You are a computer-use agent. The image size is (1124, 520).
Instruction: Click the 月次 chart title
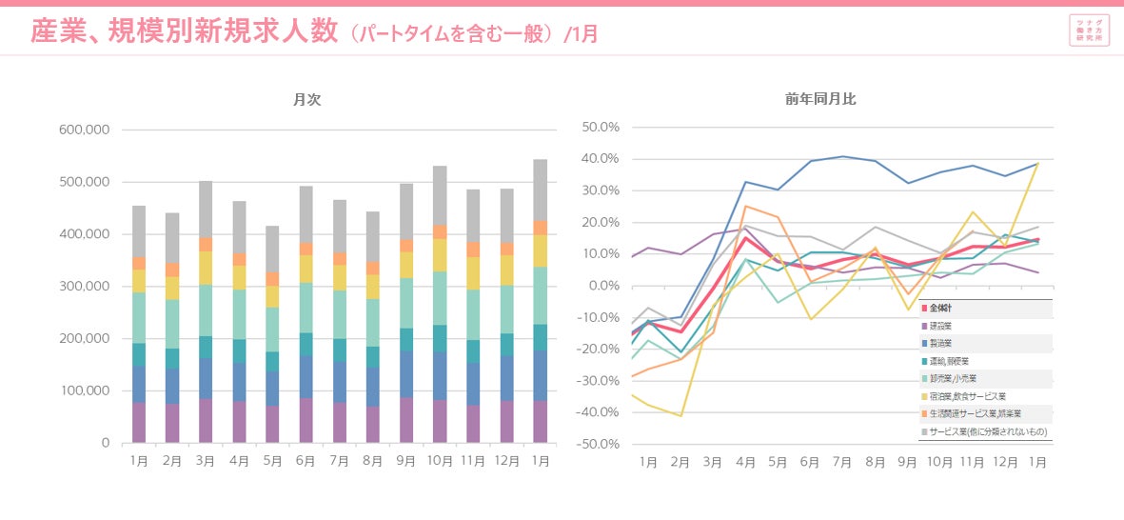[306, 100]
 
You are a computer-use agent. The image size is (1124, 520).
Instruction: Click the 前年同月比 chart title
[820, 99]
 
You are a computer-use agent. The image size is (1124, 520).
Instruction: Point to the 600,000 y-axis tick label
[84, 130]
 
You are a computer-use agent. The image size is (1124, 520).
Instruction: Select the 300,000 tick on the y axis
[84, 287]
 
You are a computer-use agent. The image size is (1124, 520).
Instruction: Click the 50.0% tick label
[600, 127]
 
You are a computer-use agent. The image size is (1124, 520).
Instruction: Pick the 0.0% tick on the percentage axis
[603, 286]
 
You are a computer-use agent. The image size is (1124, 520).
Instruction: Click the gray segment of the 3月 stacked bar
[206, 209]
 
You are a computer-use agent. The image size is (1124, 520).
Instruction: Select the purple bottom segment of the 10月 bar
[439, 422]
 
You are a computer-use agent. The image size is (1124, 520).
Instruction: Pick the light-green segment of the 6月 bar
[306, 308]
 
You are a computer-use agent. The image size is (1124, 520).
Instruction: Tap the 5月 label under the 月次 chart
[272, 461]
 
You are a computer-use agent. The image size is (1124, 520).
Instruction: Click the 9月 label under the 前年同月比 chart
[907, 462]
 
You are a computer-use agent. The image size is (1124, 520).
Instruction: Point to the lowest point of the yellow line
[680, 416]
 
